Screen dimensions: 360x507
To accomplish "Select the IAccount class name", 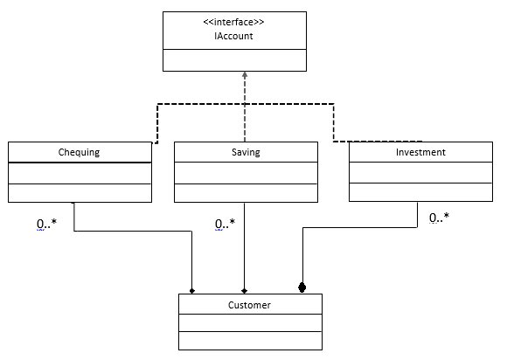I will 234,37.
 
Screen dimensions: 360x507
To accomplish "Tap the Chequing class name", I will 80,152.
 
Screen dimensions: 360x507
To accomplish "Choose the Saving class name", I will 246,152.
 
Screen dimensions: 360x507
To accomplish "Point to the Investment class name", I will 420,152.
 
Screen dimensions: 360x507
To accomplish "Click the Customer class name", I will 249,305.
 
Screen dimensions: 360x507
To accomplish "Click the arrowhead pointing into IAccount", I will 245,76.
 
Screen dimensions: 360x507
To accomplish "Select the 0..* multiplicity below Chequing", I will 46,225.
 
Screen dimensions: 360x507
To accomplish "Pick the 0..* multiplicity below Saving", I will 225,225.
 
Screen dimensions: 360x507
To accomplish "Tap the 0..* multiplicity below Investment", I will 440,217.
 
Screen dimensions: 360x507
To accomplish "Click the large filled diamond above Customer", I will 302,287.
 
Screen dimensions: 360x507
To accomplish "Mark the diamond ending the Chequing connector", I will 192,289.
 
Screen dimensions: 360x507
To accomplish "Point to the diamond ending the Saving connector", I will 244,289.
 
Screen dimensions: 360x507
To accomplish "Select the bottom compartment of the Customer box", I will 249,340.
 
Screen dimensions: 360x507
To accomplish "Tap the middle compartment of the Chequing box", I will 80,173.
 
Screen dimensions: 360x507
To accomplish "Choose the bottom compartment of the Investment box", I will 420,192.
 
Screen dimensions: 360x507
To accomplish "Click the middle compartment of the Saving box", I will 246,173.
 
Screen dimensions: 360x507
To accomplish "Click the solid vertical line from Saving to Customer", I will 244,249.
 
